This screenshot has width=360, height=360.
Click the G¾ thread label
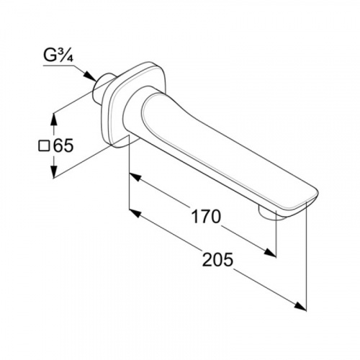click(58, 56)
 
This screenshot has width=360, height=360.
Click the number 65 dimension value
click(63, 145)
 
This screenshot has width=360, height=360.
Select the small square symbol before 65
click(44, 146)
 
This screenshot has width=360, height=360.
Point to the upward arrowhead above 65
click(54, 120)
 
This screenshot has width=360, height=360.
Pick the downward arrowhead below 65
click(54, 171)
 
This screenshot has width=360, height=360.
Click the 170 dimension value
click(205, 216)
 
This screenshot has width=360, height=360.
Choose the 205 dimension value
click(217, 260)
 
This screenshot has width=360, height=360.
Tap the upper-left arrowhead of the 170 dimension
click(135, 177)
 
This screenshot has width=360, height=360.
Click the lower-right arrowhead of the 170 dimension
click(270, 252)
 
